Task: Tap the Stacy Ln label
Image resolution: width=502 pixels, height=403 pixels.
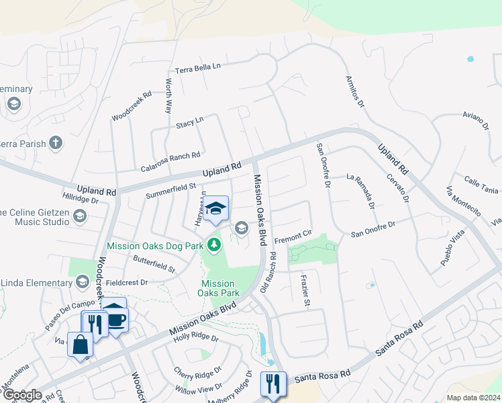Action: click(189, 123)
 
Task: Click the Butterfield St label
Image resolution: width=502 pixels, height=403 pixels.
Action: click(154, 264)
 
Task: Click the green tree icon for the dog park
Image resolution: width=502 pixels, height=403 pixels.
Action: click(214, 245)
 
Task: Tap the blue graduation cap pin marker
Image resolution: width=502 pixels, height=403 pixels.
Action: click(216, 209)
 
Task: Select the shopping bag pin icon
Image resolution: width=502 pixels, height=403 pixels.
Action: click(80, 345)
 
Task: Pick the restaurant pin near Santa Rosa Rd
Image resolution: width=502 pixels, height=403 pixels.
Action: click(273, 384)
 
